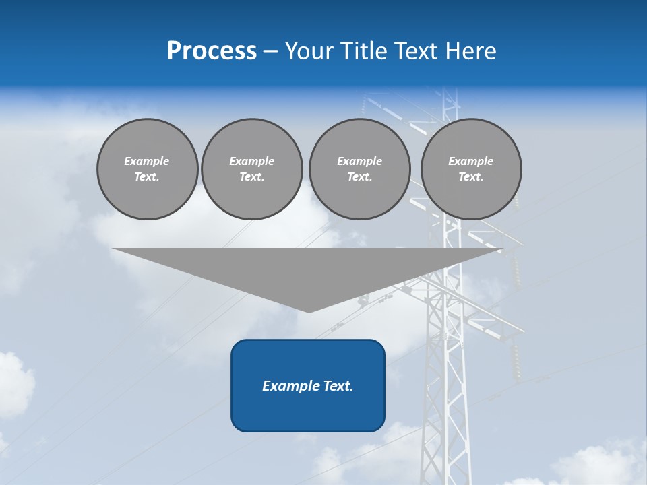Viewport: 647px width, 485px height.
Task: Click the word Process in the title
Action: pos(212,51)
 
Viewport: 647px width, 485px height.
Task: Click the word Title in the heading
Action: pos(363,51)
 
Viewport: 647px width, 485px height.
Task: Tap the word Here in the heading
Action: pos(470,51)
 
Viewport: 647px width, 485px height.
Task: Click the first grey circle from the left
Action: pos(147,168)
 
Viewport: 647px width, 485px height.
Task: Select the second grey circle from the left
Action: pos(251,168)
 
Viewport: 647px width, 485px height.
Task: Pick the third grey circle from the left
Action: pos(359,168)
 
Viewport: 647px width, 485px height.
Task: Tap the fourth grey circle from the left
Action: pos(471,168)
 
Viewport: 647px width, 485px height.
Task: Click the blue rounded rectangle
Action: pos(308,385)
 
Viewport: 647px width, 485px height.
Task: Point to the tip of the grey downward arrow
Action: pos(309,311)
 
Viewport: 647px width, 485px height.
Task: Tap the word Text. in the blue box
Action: pos(338,386)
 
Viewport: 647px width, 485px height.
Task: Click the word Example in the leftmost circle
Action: pos(147,161)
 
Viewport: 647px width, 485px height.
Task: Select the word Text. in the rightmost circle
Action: pos(471,176)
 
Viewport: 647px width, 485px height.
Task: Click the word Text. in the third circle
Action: pos(359,176)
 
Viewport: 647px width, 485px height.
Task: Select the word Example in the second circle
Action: pos(251,161)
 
